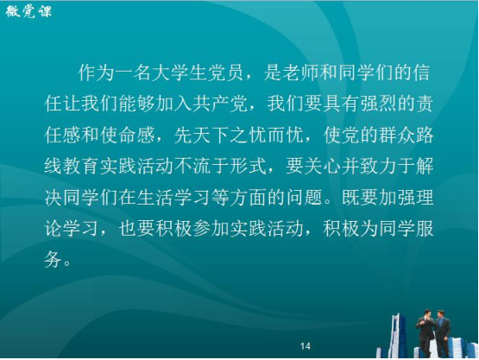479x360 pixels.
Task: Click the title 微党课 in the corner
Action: click(28, 12)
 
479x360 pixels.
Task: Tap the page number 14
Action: click(306, 346)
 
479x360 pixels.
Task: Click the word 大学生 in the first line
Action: click(179, 73)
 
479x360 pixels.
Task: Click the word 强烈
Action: click(379, 104)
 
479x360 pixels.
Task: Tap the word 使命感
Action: click(127, 135)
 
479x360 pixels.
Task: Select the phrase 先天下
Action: click(202, 135)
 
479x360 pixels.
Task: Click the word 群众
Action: click(397, 135)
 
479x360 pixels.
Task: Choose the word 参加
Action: click(211, 229)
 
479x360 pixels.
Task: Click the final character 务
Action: click(54, 260)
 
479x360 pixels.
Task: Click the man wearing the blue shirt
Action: click(443, 334)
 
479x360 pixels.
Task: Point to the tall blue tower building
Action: click(396, 335)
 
